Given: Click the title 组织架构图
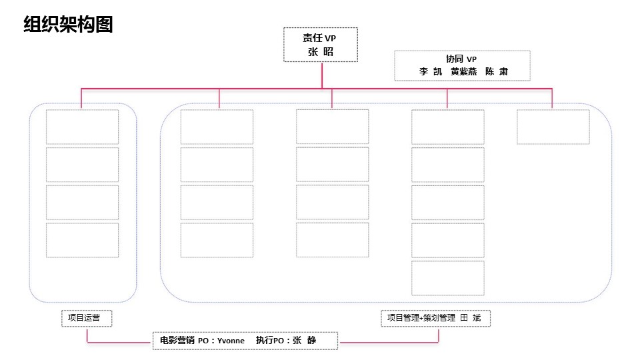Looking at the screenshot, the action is pyautogui.click(x=68, y=24).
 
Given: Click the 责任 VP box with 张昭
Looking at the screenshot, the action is pyautogui.click(x=321, y=45).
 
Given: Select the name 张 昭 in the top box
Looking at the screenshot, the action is pyautogui.click(x=321, y=52).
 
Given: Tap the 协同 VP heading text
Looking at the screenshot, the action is pyautogui.click(x=461, y=59).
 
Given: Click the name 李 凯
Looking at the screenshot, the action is pyautogui.click(x=431, y=71).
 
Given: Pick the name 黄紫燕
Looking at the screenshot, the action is pyautogui.click(x=464, y=71).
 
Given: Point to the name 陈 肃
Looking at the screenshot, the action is pyautogui.click(x=497, y=71).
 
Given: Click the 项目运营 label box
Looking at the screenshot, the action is pyautogui.click(x=87, y=319).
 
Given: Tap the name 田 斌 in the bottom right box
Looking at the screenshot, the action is pyautogui.click(x=471, y=318).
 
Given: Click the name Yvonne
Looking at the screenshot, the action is pyautogui.click(x=231, y=341).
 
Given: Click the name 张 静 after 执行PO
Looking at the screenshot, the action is pyautogui.click(x=305, y=340).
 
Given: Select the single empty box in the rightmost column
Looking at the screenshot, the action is pyautogui.click(x=553, y=127).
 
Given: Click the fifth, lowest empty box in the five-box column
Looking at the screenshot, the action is pyautogui.click(x=448, y=278).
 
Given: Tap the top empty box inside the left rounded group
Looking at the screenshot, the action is pyautogui.click(x=83, y=127).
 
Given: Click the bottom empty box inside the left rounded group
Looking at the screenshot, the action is pyautogui.click(x=83, y=240).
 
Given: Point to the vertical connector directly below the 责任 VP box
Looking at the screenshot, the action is pyautogui.click(x=322, y=75).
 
